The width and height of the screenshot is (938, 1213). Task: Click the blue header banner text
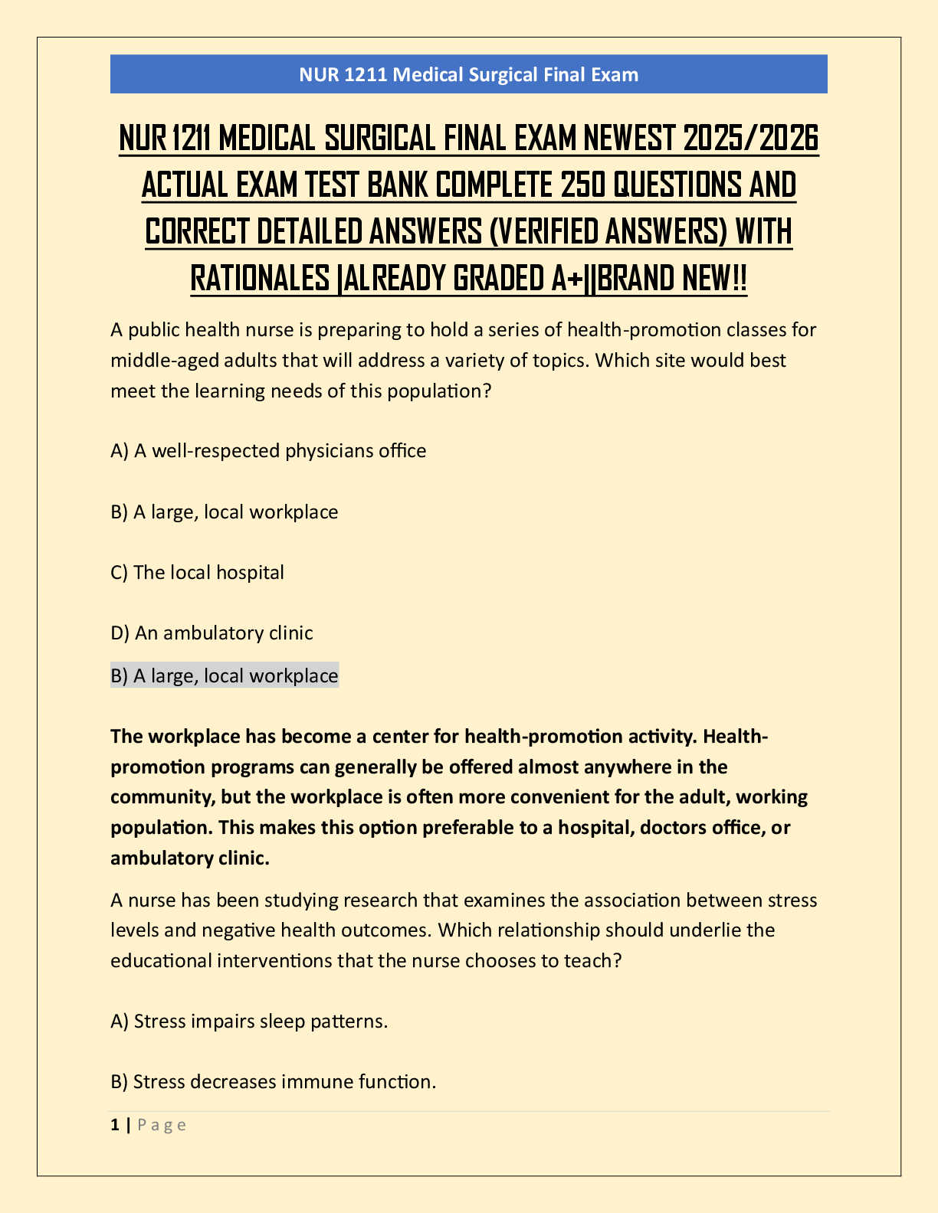tap(468, 74)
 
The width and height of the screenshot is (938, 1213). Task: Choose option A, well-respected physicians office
tap(268, 450)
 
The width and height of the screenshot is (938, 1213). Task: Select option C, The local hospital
tap(198, 572)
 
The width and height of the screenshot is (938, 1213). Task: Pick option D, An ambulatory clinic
tap(212, 633)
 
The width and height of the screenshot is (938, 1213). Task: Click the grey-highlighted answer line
tap(225, 675)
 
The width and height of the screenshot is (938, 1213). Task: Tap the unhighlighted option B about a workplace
tap(225, 512)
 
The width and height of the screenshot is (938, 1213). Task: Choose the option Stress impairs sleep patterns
tap(249, 1021)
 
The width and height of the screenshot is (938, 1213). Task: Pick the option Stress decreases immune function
tap(274, 1081)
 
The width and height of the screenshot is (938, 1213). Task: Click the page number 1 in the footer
tap(115, 1125)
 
